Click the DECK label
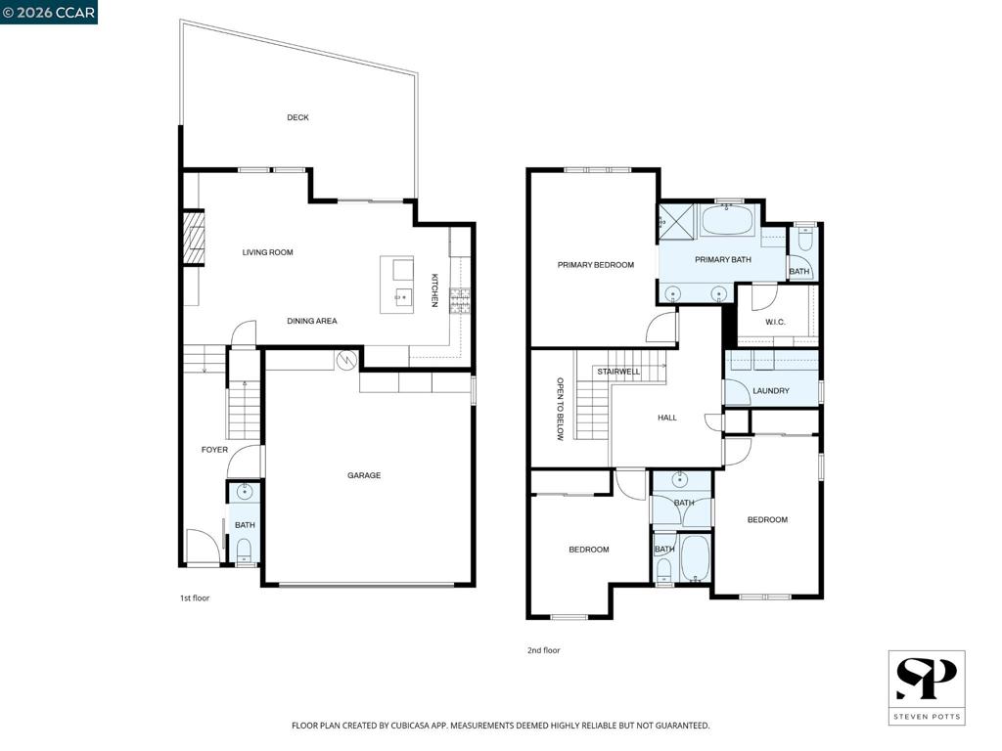297,117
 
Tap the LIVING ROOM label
268,252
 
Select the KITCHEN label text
434,290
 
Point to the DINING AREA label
312,321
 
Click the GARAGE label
364,475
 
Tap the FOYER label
214,450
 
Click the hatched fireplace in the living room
194,238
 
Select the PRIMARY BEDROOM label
596,265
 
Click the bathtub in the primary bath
728,220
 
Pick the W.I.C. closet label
775,322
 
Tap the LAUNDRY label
771,391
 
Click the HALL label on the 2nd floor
667,418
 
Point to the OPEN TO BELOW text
560,409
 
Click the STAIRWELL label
618,372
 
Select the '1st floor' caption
195,598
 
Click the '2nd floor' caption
544,650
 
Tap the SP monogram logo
927,680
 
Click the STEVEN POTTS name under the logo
927,717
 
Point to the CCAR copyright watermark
49,12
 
